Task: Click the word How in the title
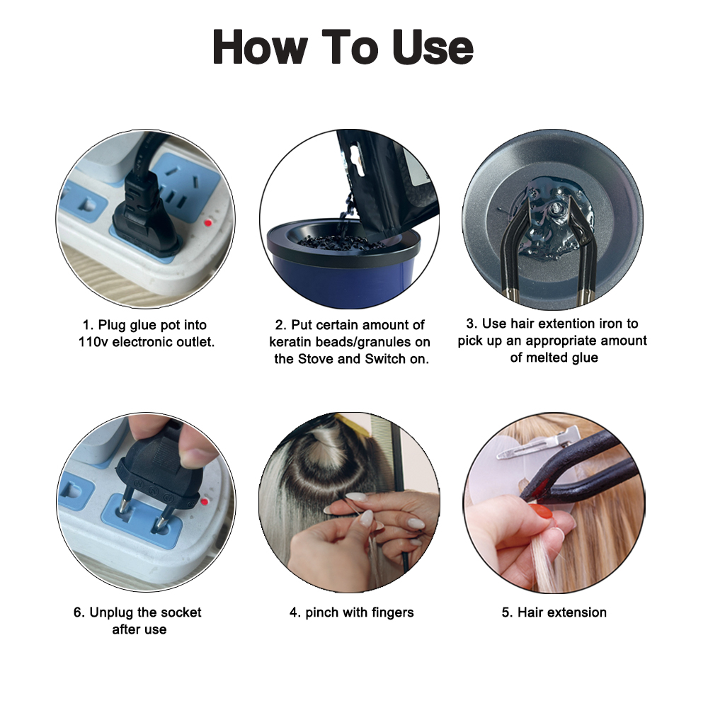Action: click(x=261, y=48)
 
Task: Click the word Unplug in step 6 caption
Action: click(x=113, y=612)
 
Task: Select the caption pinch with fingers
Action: click(x=351, y=613)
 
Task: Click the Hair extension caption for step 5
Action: click(x=554, y=613)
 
